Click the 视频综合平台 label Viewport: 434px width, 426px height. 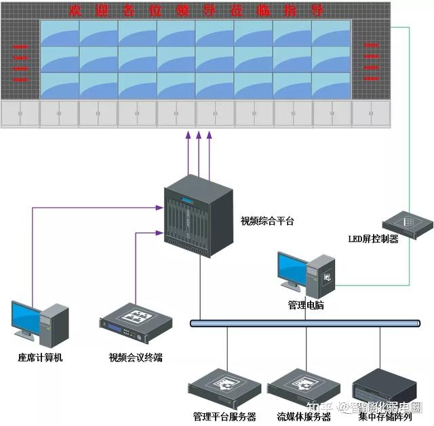[267, 221]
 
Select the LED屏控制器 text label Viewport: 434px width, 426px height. [374, 238]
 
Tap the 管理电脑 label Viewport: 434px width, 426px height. [306, 305]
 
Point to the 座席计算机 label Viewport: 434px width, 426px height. [40, 357]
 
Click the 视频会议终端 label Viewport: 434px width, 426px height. [136, 357]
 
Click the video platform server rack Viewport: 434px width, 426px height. [197, 216]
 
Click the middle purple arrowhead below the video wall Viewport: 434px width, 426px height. [199, 137]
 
